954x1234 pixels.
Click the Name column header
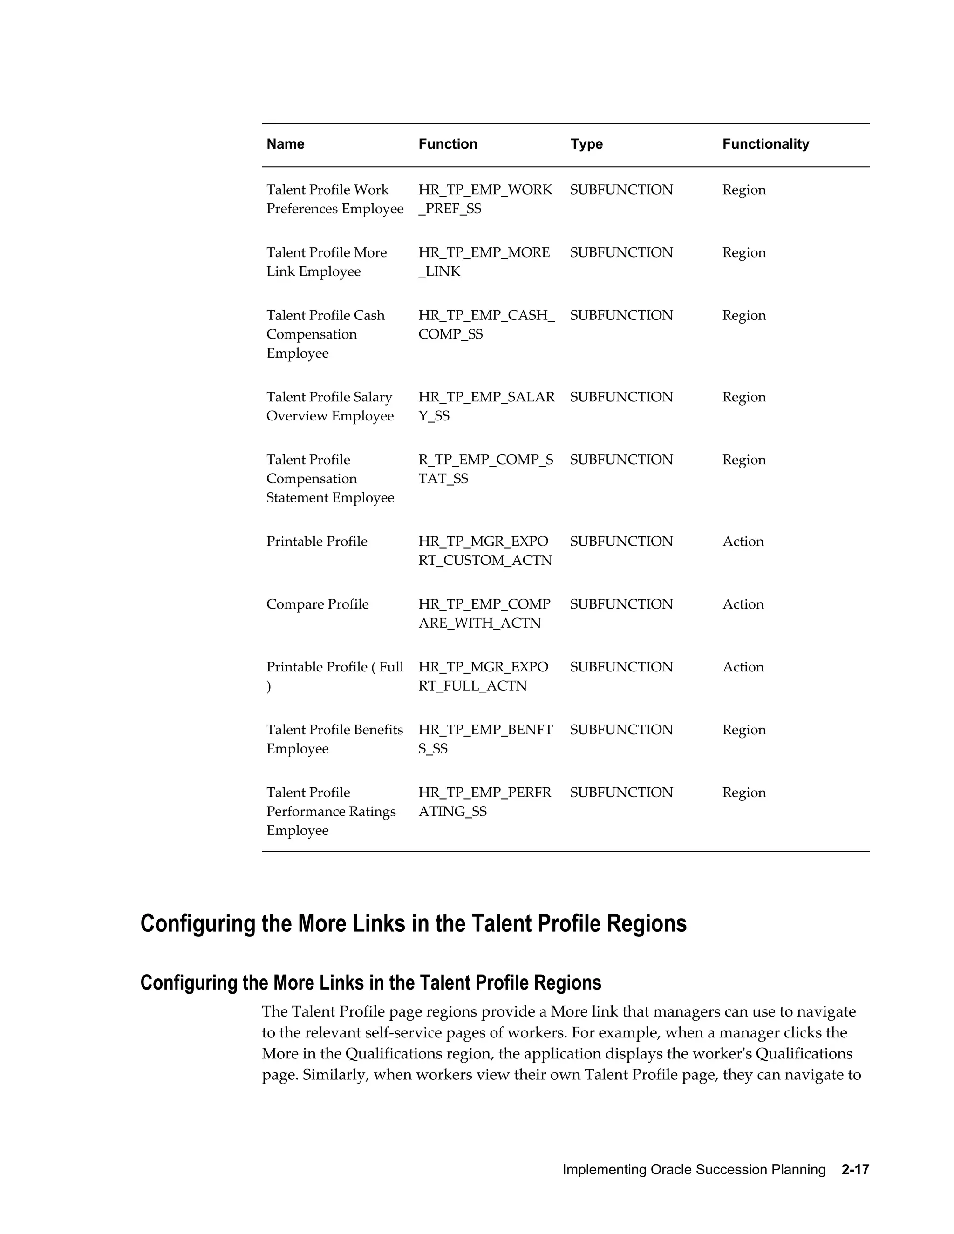click(286, 144)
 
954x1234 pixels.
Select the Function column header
click(448, 144)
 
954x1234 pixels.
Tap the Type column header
click(586, 144)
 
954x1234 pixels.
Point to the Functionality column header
click(765, 144)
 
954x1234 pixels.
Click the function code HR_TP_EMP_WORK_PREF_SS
click(485, 199)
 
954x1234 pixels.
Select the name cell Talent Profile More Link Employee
click(326, 262)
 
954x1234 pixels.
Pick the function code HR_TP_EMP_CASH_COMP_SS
click(486, 324)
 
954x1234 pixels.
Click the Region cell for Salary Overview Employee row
click(744, 397)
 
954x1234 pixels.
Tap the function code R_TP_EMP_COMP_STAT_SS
click(485, 469)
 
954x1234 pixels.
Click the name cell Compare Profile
click(317, 604)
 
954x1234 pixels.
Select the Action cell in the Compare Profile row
click(743, 604)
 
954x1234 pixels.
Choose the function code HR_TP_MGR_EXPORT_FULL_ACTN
click(483, 676)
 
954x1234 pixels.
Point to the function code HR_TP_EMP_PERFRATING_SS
click(484, 802)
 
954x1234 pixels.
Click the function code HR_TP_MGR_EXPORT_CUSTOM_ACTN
click(485, 551)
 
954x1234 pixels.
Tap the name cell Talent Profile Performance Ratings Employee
click(331, 811)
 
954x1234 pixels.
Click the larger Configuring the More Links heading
click(413, 924)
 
